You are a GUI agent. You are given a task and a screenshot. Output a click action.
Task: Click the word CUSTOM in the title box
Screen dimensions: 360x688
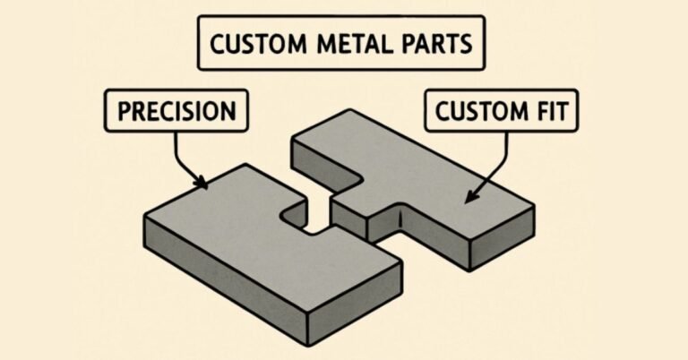point(255,44)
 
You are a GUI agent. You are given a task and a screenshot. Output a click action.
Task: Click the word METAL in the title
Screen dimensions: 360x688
point(348,44)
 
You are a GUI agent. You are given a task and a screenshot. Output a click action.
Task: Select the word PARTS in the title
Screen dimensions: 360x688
point(430,44)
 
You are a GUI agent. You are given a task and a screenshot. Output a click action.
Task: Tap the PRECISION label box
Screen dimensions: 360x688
point(177,112)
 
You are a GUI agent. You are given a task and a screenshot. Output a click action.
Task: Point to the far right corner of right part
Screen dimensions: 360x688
point(535,208)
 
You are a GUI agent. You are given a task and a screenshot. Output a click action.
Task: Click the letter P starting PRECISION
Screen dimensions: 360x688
point(124,112)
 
